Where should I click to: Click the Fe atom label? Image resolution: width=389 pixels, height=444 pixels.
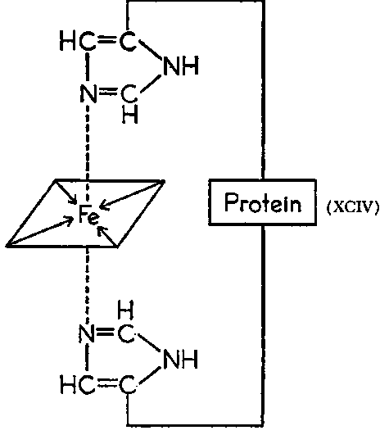89,215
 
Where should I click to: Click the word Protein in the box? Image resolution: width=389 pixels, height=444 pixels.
263,202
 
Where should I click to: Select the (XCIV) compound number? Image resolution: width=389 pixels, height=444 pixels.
352,207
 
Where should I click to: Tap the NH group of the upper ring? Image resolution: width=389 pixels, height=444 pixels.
181,66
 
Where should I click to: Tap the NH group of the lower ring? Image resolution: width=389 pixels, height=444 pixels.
180,359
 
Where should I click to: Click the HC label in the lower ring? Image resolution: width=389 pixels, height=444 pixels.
77,384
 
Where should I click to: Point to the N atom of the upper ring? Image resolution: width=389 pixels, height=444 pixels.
88,93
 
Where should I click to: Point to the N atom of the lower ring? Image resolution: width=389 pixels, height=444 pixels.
87,333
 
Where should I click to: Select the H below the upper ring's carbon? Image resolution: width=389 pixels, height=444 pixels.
130,114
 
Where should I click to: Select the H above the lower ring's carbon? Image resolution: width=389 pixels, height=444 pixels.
125,310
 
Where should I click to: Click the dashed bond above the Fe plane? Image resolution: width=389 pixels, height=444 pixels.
87,143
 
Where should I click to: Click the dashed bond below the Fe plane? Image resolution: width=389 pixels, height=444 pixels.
87,285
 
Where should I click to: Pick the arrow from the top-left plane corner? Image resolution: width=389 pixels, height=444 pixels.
66,192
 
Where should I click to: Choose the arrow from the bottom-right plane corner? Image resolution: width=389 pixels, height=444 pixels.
107,236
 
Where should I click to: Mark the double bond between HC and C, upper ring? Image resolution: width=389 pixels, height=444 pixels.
106,39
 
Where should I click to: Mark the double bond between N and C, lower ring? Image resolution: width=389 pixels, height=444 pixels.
106,332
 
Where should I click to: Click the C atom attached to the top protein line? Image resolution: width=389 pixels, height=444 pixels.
128,42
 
